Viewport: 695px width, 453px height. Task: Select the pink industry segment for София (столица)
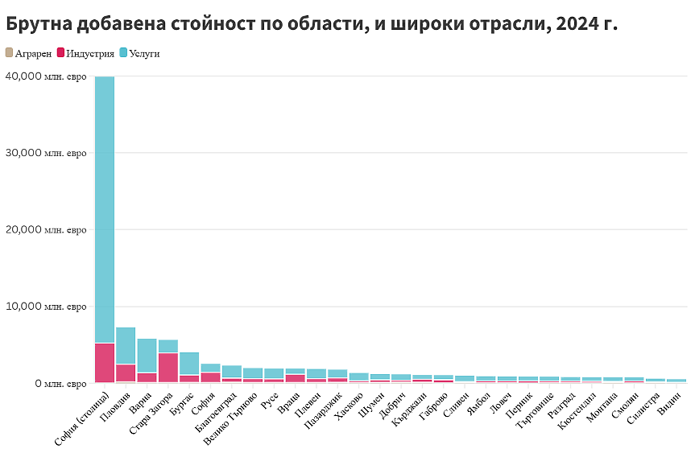104,362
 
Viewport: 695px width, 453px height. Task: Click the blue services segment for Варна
147,355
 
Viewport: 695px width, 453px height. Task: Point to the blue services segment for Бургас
189,363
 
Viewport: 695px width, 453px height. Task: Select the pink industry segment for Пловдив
126,373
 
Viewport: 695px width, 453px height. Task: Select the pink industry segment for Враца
296,378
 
